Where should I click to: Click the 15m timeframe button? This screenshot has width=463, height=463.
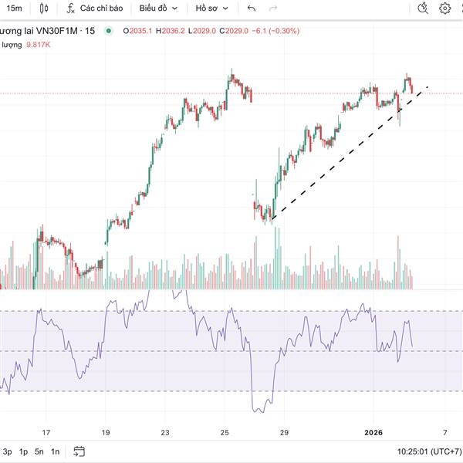(15, 8)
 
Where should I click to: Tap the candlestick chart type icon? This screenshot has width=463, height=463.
(43, 8)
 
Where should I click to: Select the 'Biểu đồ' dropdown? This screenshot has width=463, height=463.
(158, 8)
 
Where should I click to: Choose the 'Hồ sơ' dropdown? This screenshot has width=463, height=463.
(211, 8)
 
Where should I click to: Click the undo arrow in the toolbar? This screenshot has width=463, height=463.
(252, 8)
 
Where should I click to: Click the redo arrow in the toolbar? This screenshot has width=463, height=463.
(273, 8)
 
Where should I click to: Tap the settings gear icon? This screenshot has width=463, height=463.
(445, 8)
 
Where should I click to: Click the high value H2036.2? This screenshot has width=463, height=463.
(170, 31)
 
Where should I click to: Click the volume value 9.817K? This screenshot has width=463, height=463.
(38, 45)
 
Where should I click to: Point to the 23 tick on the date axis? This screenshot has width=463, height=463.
(165, 433)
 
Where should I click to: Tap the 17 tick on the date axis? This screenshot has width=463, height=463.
(46, 433)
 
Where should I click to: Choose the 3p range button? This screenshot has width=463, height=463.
(7, 451)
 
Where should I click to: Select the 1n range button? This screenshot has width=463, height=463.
(55, 451)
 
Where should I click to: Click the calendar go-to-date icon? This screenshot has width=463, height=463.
(79, 451)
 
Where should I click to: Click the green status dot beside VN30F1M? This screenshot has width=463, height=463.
(109, 31)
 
